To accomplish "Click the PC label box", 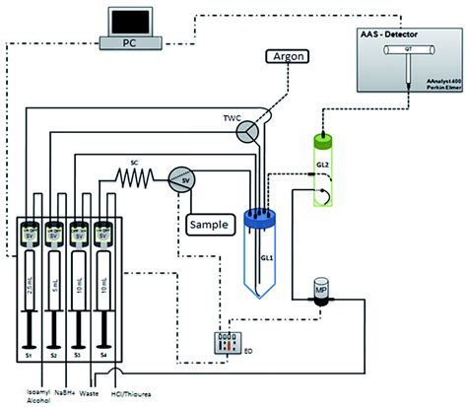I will coord(130,43).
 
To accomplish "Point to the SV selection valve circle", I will coord(179,178).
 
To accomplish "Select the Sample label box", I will coord(207,225).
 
